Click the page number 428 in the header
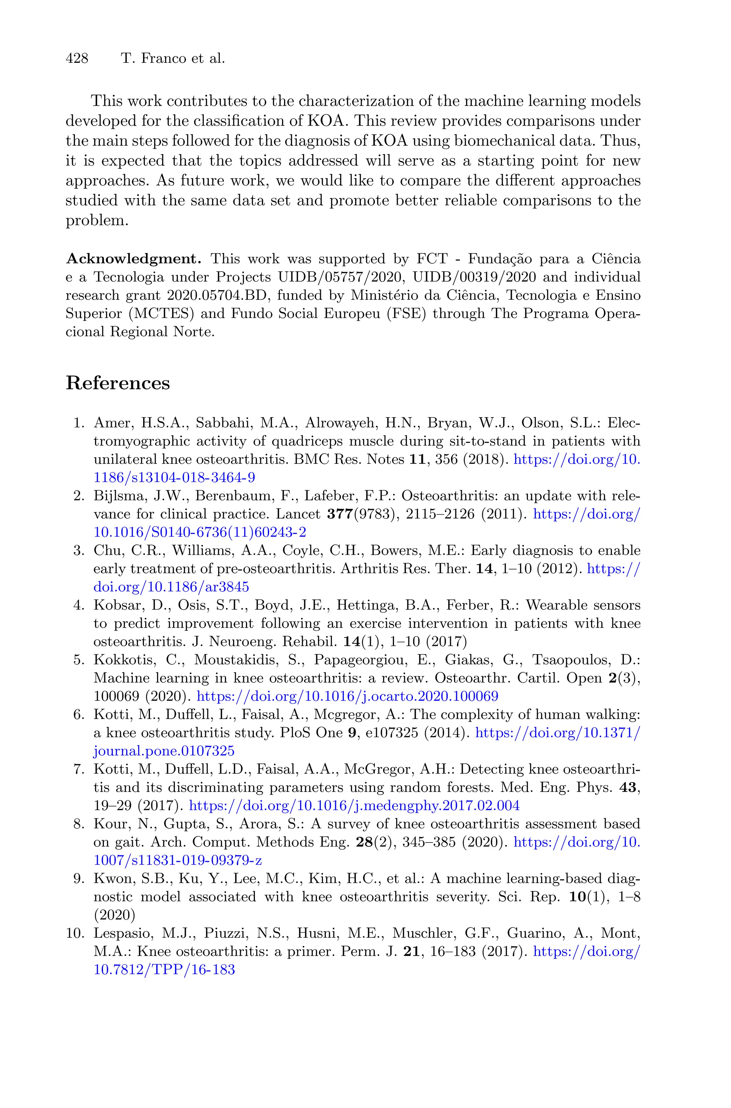[77, 59]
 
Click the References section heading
[117, 383]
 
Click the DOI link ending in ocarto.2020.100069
[347, 696]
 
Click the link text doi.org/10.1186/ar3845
[171, 587]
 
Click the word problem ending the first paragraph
[96, 221]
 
